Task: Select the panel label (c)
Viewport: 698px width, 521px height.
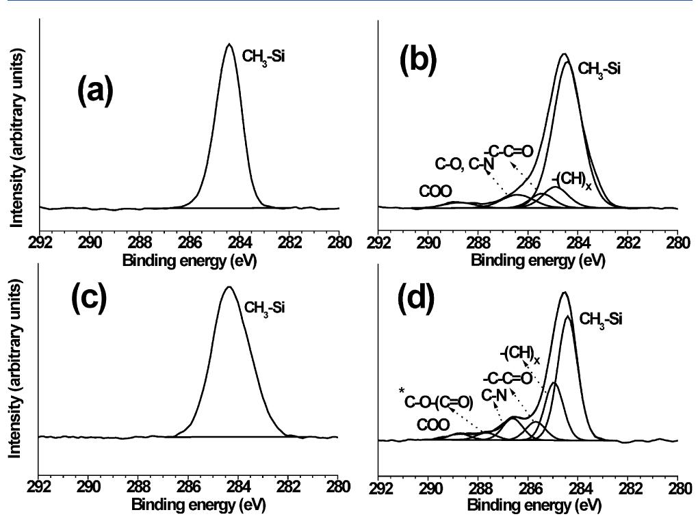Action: (x=89, y=300)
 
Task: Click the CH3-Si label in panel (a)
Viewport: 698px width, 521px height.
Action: (x=263, y=57)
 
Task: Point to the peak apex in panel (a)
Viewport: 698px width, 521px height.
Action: (x=229, y=44)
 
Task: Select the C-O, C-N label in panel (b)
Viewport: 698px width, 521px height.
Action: (x=465, y=165)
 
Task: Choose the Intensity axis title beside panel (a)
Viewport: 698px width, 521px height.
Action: (x=12, y=113)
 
